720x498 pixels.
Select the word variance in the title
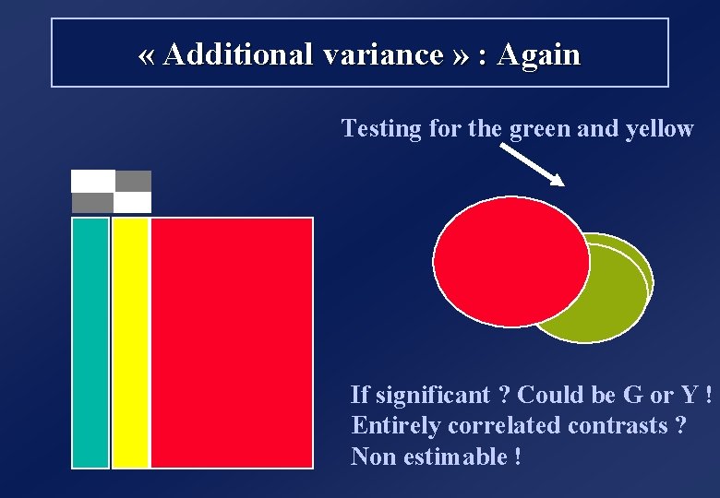[x=383, y=54]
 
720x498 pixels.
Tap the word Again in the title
[x=538, y=54]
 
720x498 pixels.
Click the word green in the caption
[x=540, y=128]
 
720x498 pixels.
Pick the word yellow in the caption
[x=659, y=128]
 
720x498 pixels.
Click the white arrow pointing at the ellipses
[x=534, y=166]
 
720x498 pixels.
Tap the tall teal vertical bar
[x=90, y=342]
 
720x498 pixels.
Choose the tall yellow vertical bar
[x=130, y=342]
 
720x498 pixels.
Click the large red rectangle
[x=232, y=342]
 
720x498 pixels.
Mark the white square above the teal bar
[x=92, y=181]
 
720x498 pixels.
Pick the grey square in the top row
[x=134, y=181]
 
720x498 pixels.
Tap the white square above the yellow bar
[x=132, y=202]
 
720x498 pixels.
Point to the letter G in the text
[x=633, y=395]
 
